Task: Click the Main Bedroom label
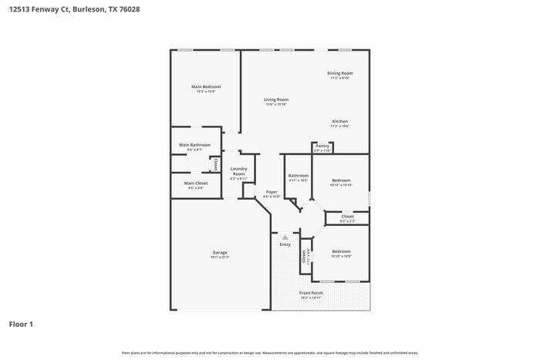(x=206, y=86)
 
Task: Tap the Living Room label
(x=276, y=99)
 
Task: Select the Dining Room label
(x=340, y=73)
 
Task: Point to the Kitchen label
(x=340, y=122)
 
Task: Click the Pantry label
(x=322, y=146)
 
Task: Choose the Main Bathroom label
(x=194, y=145)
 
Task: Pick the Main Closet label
(x=195, y=183)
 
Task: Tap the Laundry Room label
(x=239, y=171)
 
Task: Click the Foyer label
(x=272, y=192)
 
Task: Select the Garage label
(x=220, y=253)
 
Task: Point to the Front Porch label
(x=311, y=293)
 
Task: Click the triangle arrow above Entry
(x=285, y=237)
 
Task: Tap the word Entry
(x=285, y=244)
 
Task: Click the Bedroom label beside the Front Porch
(x=341, y=251)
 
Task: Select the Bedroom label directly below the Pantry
(x=341, y=180)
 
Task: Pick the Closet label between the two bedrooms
(x=347, y=217)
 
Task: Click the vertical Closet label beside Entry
(x=304, y=257)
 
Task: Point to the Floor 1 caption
(x=21, y=325)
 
